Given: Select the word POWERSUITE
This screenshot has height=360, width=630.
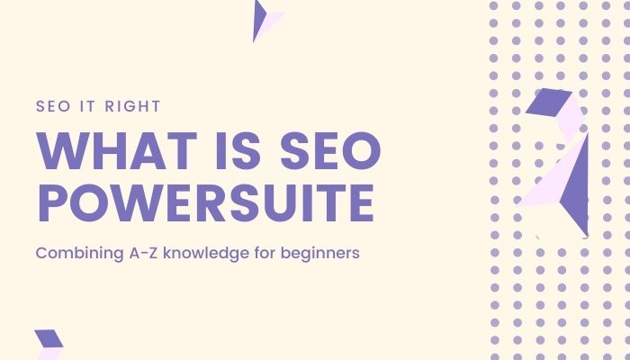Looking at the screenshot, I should (x=204, y=203).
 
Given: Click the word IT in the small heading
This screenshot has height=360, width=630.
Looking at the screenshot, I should (x=84, y=106).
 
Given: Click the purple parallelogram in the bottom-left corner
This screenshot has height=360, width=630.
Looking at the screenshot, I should (x=49, y=338).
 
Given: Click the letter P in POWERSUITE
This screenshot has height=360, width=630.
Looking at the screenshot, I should (x=51, y=203).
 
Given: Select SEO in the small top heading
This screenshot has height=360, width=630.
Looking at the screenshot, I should (x=52, y=106).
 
